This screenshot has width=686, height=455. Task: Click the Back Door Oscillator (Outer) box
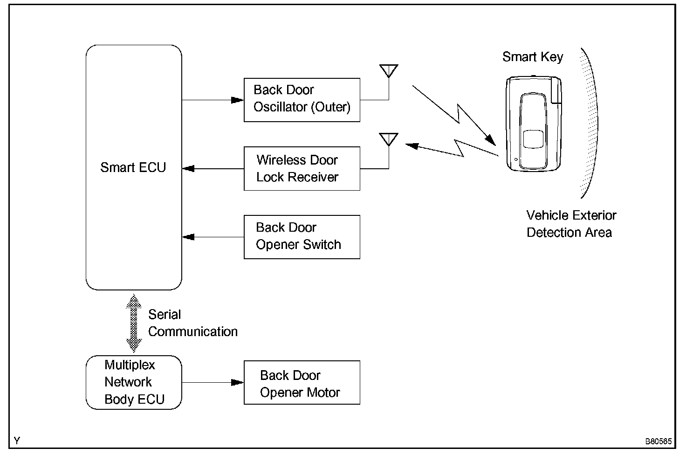point(302,100)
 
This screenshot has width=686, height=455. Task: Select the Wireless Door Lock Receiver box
point(302,168)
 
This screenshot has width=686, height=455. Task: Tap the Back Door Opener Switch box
point(302,237)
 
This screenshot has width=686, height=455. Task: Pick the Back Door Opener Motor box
point(302,382)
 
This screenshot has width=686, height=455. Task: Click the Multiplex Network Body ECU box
point(134,382)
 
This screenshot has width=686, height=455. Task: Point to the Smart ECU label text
point(133,167)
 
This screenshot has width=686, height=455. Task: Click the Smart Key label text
point(533,57)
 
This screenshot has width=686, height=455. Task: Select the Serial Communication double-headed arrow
point(134,323)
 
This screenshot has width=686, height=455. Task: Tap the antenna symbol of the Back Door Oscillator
point(389,71)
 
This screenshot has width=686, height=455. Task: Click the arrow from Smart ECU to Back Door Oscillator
point(213,100)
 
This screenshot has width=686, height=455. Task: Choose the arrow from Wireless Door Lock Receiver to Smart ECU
point(213,168)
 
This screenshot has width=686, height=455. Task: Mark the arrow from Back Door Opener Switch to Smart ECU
point(213,237)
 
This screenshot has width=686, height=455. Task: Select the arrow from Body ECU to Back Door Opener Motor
point(213,382)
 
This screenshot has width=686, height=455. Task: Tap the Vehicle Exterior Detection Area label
point(571,224)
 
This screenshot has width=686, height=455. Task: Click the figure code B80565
point(659,441)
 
